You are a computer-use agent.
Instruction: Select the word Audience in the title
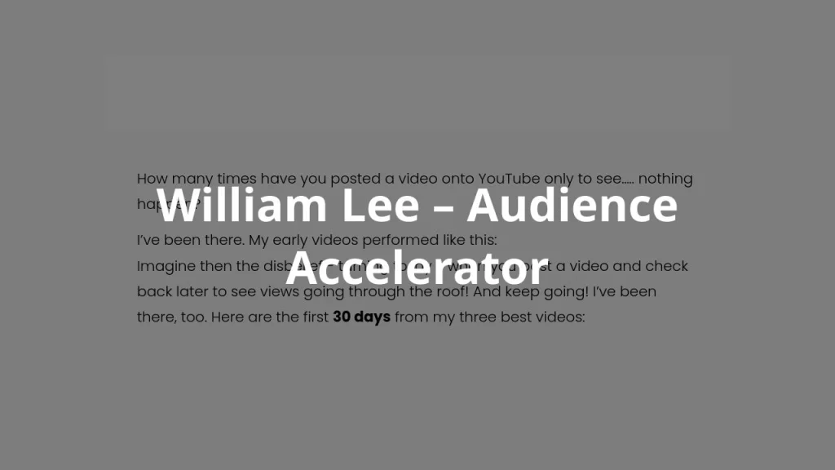pos(572,206)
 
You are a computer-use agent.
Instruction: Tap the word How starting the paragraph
pos(152,179)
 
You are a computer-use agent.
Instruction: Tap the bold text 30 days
pos(361,317)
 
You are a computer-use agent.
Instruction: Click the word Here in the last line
pos(229,317)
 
